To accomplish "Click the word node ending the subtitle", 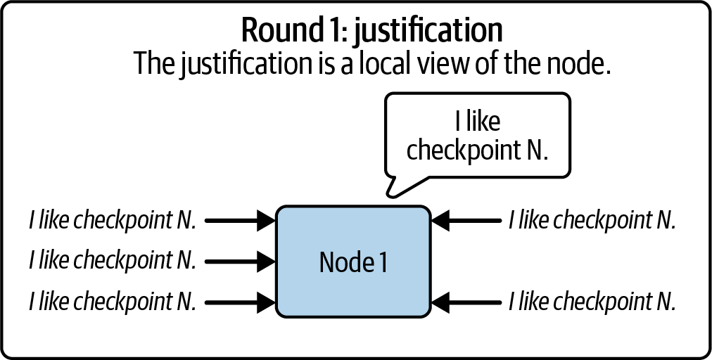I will tap(578, 64).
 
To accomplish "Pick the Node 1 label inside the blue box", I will tap(352, 262).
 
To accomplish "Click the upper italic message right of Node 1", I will tap(592, 221).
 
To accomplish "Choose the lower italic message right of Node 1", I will tap(592, 302).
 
